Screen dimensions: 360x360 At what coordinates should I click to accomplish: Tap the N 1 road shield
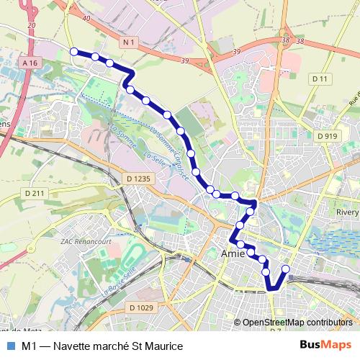(129, 43)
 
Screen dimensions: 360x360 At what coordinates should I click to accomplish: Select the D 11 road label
(320, 78)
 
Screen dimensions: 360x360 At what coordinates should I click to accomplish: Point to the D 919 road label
(327, 135)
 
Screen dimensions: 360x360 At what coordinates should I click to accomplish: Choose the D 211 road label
(34, 193)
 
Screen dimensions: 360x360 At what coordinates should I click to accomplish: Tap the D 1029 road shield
(141, 308)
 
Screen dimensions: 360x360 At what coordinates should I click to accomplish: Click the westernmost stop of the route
(73, 51)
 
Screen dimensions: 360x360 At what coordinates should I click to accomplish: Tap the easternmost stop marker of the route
(285, 269)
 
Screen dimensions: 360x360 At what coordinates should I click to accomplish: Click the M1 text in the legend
(28, 346)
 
